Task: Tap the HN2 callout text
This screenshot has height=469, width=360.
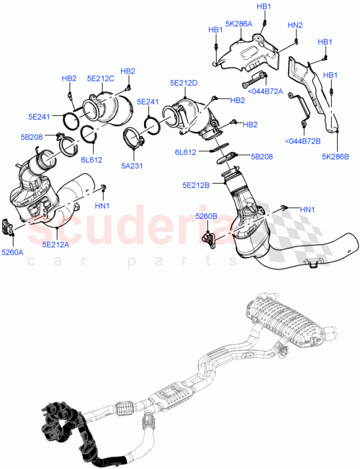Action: point(295,25)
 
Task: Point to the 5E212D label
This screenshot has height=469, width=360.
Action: point(184,83)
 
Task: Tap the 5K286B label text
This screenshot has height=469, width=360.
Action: point(336,156)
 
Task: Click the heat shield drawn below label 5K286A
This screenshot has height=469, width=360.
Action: point(248,52)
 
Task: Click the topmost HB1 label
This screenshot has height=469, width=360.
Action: point(264,6)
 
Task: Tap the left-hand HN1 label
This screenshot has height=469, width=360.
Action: point(102,205)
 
